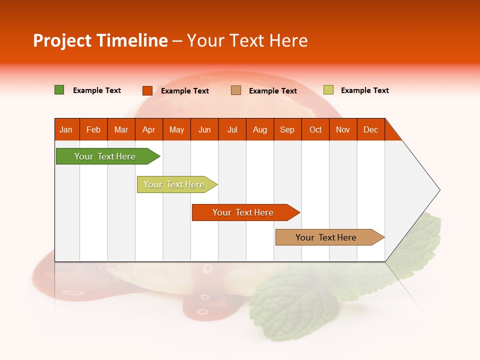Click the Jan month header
click(66, 129)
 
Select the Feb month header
click(93, 129)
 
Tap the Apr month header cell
click(148, 129)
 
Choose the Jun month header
click(204, 129)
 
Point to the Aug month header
click(259, 129)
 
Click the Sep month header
click(287, 129)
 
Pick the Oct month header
click(315, 129)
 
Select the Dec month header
click(370, 129)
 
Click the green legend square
click(59, 90)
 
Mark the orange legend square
click(147, 90)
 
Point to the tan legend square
click(236, 90)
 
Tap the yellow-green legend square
click(328, 90)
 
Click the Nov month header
click(343, 129)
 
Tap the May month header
click(176, 129)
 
